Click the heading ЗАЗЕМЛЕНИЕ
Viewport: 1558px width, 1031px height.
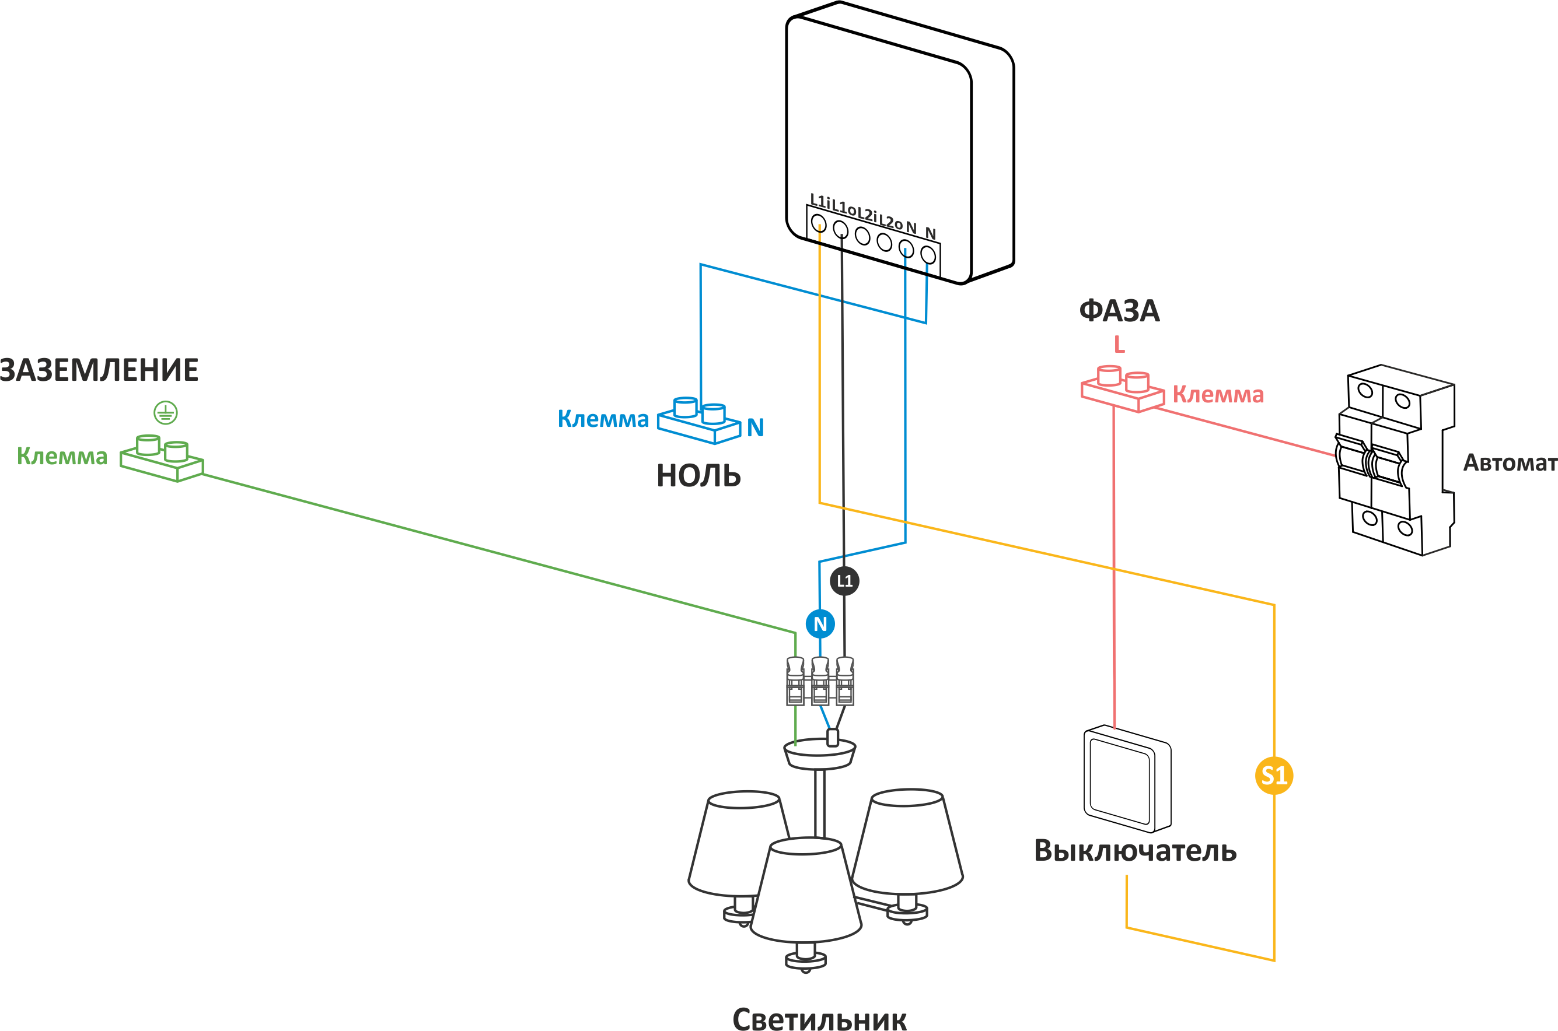(99, 370)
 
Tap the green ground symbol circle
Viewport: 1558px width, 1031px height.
(165, 413)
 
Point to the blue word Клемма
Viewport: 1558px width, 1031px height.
(603, 419)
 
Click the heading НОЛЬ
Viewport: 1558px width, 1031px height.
(698, 476)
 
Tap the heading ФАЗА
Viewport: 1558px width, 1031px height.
(1119, 311)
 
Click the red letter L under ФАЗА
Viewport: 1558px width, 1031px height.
(1119, 345)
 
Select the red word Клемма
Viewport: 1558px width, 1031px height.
(1218, 395)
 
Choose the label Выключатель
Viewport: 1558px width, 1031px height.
(1135, 851)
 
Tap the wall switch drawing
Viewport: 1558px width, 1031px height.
(1126, 779)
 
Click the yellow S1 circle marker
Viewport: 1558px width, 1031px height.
(1274, 776)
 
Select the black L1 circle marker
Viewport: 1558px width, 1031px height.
(844, 581)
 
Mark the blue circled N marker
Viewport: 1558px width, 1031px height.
(820, 623)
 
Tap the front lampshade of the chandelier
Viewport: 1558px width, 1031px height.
(806, 891)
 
